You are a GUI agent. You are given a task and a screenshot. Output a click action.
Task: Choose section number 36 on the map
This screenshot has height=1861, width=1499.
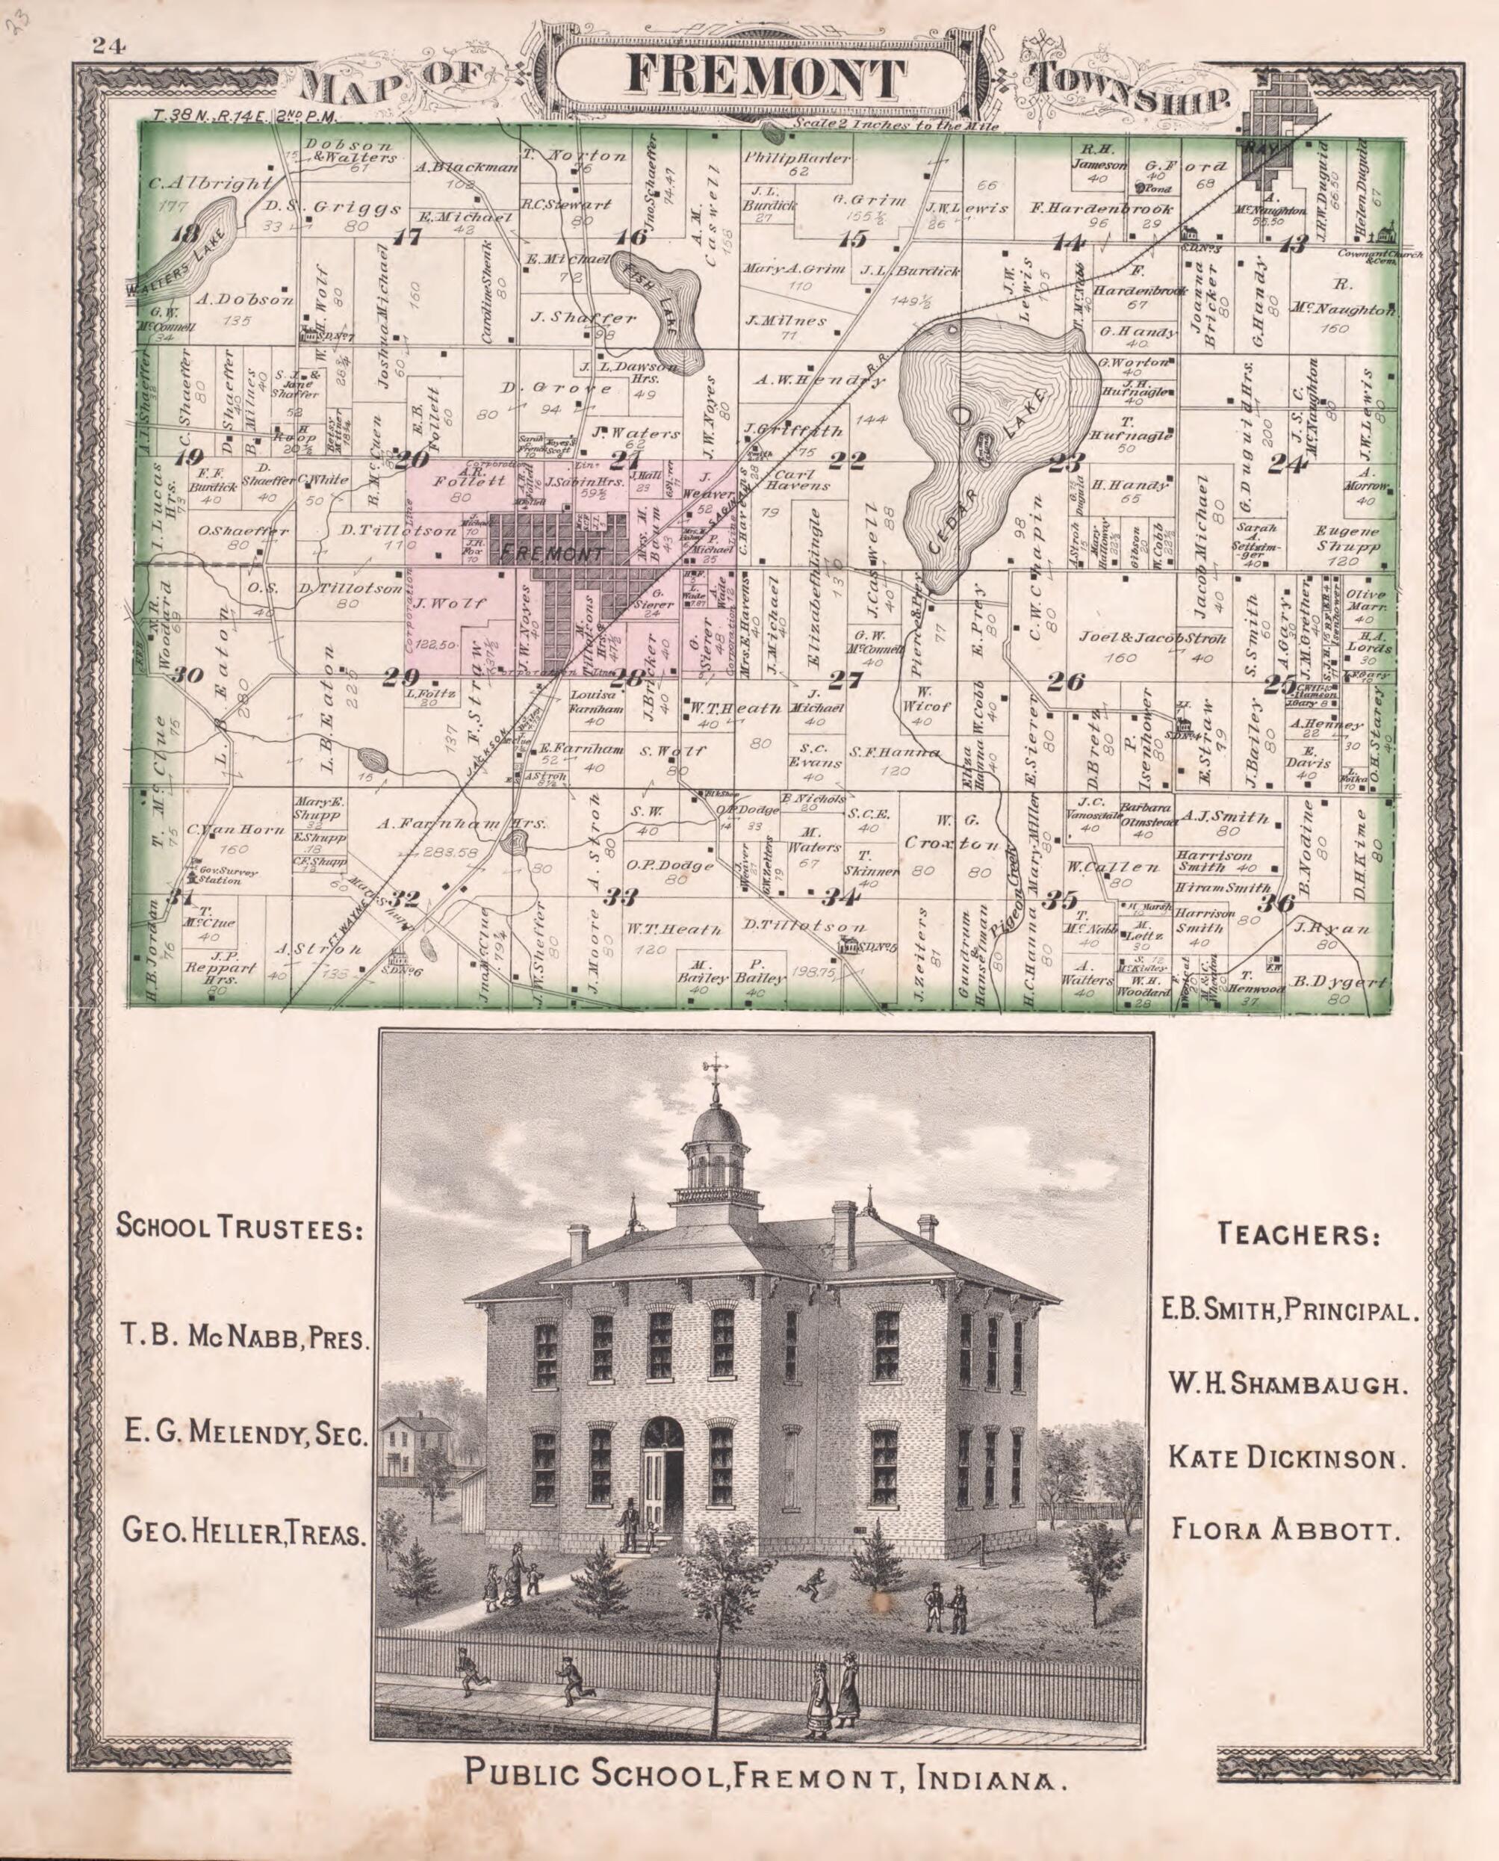[x=1276, y=903]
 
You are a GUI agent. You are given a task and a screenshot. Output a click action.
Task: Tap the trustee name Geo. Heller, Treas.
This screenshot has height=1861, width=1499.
[x=245, y=1534]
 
